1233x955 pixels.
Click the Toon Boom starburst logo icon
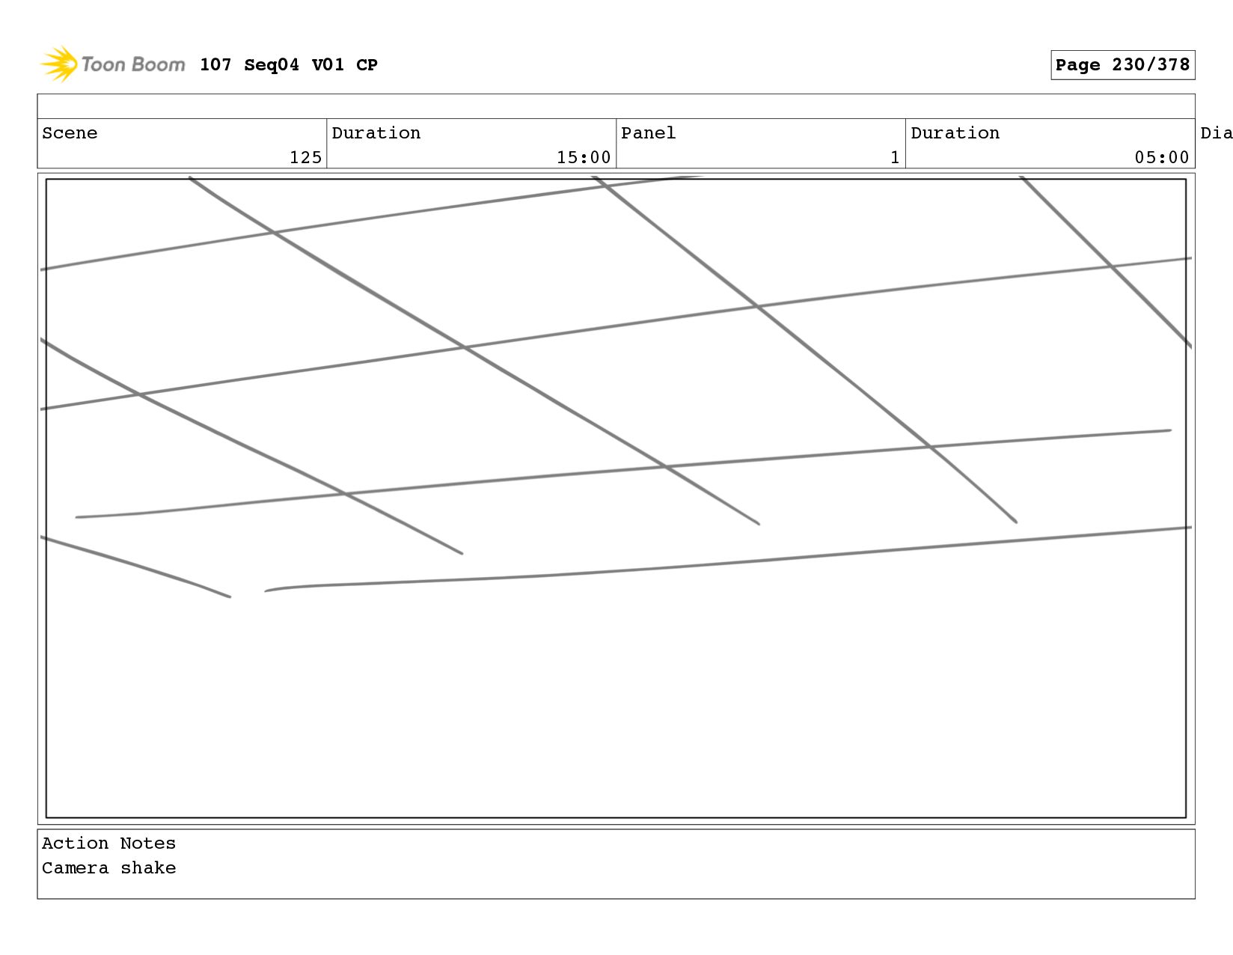(x=58, y=64)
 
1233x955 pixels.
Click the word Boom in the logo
(x=159, y=64)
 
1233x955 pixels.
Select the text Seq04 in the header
(x=271, y=65)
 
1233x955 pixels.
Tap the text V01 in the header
(x=328, y=65)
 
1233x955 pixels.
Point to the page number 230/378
(x=1151, y=65)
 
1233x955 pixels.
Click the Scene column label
(x=70, y=133)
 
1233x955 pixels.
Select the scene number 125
(x=305, y=157)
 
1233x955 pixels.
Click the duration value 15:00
(x=584, y=157)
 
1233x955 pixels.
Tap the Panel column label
(x=648, y=133)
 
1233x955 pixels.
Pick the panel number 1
(x=894, y=157)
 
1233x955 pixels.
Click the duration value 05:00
(x=1161, y=157)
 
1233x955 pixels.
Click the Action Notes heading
(x=108, y=843)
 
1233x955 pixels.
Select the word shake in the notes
(x=148, y=868)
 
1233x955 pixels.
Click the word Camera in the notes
(x=75, y=868)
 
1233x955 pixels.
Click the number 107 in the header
(x=215, y=65)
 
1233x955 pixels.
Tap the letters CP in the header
(x=367, y=65)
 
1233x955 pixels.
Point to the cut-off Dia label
(x=1216, y=133)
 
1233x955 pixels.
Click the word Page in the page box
(x=1077, y=65)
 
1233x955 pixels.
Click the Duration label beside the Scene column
(x=376, y=133)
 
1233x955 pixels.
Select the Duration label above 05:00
(x=955, y=133)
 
